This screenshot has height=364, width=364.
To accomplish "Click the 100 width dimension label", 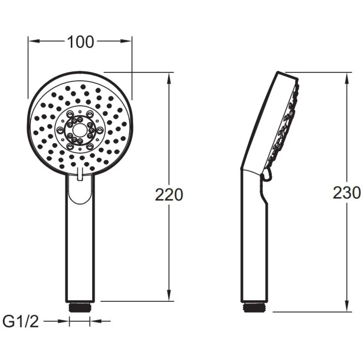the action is coord(80,42).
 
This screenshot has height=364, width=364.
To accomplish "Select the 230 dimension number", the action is coord(347,193).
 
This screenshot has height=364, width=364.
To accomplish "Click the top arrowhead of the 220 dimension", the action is coord(169,78).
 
